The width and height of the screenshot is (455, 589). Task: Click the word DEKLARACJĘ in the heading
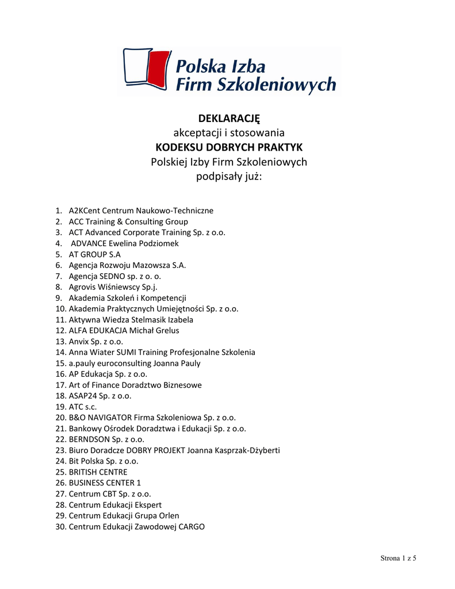(x=229, y=118)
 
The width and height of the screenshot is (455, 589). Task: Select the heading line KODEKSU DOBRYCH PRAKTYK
(x=229, y=147)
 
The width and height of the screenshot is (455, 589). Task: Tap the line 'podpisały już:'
(x=229, y=176)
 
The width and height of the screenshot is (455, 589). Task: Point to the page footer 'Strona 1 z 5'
(x=398, y=559)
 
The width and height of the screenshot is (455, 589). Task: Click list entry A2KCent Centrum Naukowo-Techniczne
(x=141, y=211)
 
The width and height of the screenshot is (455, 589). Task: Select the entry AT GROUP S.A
(x=95, y=254)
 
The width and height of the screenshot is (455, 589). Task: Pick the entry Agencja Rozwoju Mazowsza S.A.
(x=127, y=265)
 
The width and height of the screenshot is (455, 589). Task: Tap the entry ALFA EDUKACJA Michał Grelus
(x=124, y=330)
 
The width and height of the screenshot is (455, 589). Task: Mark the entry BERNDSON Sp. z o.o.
(x=106, y=439)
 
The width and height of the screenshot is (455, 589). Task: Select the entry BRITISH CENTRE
(x=98, y=472)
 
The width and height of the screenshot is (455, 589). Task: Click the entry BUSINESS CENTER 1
(x=105, y=483)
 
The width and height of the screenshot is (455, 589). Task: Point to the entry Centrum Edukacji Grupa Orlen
(x=124, y=515)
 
